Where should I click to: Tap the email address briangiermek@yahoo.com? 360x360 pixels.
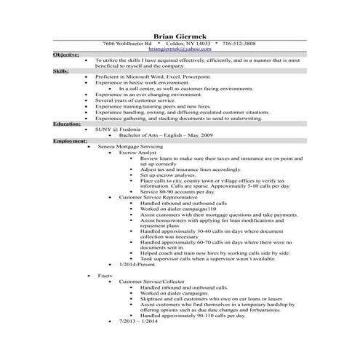179,49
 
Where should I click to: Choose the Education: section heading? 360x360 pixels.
66,124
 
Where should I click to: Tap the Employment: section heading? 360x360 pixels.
69,140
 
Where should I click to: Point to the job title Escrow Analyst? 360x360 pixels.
139,151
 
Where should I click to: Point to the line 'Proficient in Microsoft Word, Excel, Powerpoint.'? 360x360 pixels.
156,77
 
